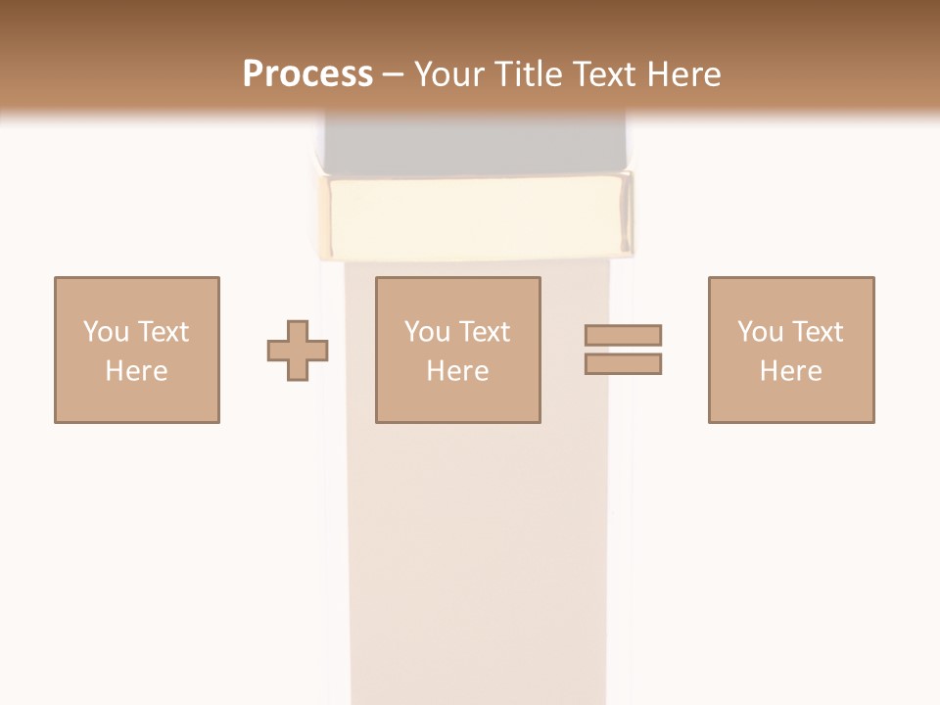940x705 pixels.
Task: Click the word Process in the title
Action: click(x=307, y=73)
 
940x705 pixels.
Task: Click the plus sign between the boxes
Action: click(x=298, y=351)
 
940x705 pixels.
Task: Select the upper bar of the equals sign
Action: click(x=623, y=335)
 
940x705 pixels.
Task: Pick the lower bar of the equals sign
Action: click(x=623, y=364)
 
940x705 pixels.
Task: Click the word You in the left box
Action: click(x=106, y=332)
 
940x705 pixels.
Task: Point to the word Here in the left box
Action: click(x=136, y=371)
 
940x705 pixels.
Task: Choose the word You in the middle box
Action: click(x=427, y=332)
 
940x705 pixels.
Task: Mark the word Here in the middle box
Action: click(x=457, y=371)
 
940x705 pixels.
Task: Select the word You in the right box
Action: click(x=760, y=332)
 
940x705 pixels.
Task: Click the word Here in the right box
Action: click(x=790, y=371)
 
